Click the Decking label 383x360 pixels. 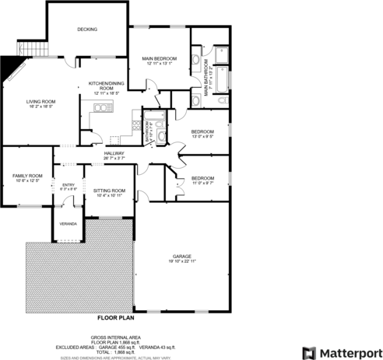click(x=87, y=30)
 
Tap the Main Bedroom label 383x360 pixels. click(x=160, y=60)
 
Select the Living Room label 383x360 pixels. click(x=40, y=102)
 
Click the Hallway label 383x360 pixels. click(x=114, y=153)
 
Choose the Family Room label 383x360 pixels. click(x=26, y=177)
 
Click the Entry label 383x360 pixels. click(x=69, y=185)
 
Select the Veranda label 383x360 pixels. click(x=68, y=224)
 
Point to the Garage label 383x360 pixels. click(x=182, y=257)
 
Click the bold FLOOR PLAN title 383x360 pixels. click(x=117, y=318)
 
